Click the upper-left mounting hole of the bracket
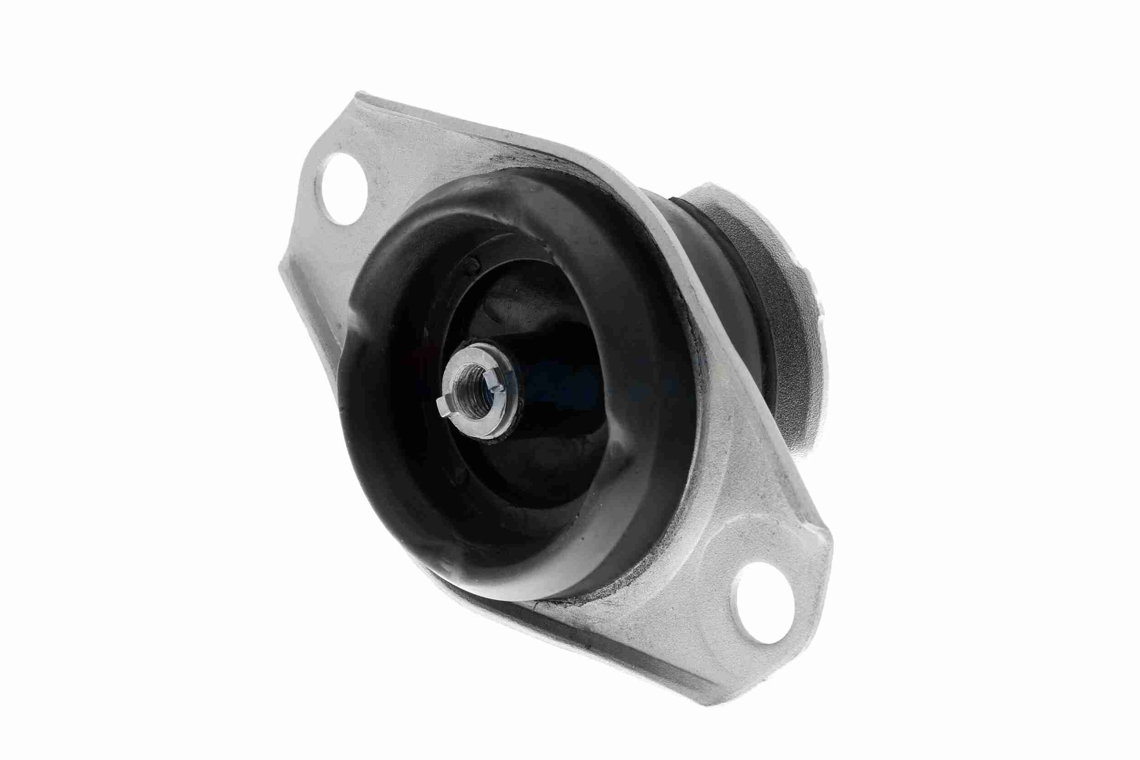coord(343,188)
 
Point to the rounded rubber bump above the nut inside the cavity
coord(509,301)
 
